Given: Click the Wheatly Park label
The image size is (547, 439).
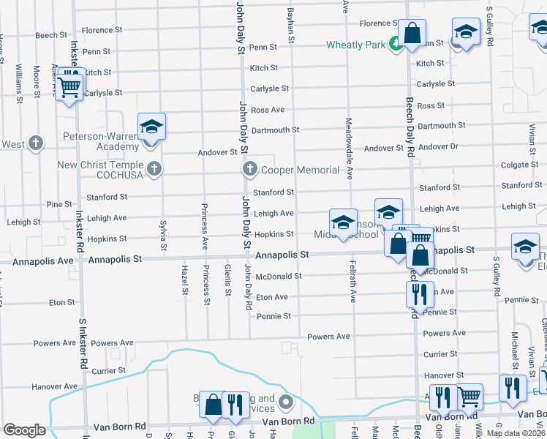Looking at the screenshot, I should (x=355, y=45).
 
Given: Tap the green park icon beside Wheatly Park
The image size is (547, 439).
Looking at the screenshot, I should (x=395, y=44).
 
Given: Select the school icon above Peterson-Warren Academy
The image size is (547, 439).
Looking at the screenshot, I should (x=151, y=127).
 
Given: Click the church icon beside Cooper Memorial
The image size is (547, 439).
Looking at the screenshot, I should (x=249, y=170).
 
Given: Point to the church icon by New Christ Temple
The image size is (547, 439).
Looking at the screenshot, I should (x=154, y=169).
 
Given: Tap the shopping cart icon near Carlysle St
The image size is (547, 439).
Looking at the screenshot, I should (x=69, y=85).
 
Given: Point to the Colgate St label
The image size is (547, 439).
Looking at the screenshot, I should (x=520, y=165).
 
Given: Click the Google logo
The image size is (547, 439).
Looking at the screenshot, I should (x=24, y=430).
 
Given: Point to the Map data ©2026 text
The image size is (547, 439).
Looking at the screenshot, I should (x=516, y=433).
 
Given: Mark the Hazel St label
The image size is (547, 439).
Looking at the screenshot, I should (x=184, y=281).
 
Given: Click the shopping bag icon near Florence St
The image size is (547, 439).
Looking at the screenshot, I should (x=412, y=33).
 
